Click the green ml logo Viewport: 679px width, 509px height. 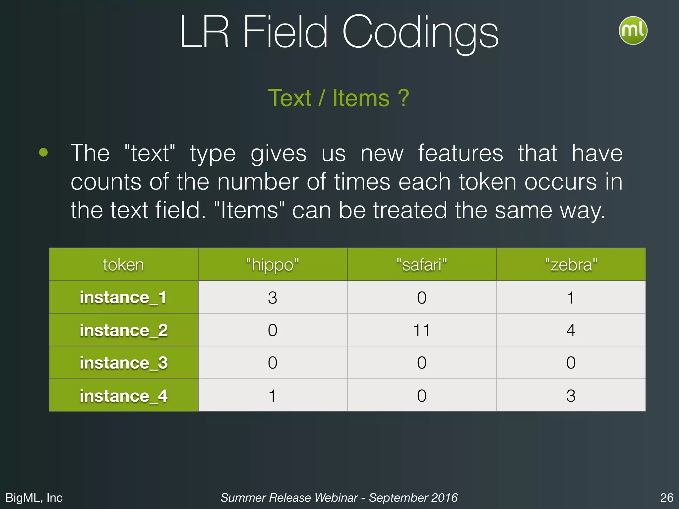633,30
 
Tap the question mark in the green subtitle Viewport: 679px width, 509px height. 403,98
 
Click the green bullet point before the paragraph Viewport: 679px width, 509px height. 43,153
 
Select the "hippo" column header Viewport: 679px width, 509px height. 273,265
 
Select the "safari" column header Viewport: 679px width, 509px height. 422,265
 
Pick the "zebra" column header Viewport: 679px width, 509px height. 571,265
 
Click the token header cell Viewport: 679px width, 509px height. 123,265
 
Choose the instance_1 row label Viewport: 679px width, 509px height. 123,297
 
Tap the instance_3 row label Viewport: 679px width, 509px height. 123,363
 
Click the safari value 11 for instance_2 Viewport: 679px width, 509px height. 422,330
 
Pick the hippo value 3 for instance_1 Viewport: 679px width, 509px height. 273,298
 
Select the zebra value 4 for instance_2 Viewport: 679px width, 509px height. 571,330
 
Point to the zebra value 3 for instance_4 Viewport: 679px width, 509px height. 571,396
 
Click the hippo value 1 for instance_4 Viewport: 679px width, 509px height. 273,396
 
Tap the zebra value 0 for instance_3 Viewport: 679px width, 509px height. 571,363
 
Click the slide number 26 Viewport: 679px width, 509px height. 666,498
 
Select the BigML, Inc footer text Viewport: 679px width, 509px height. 34,498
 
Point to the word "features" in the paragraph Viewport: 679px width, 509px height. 461,153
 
